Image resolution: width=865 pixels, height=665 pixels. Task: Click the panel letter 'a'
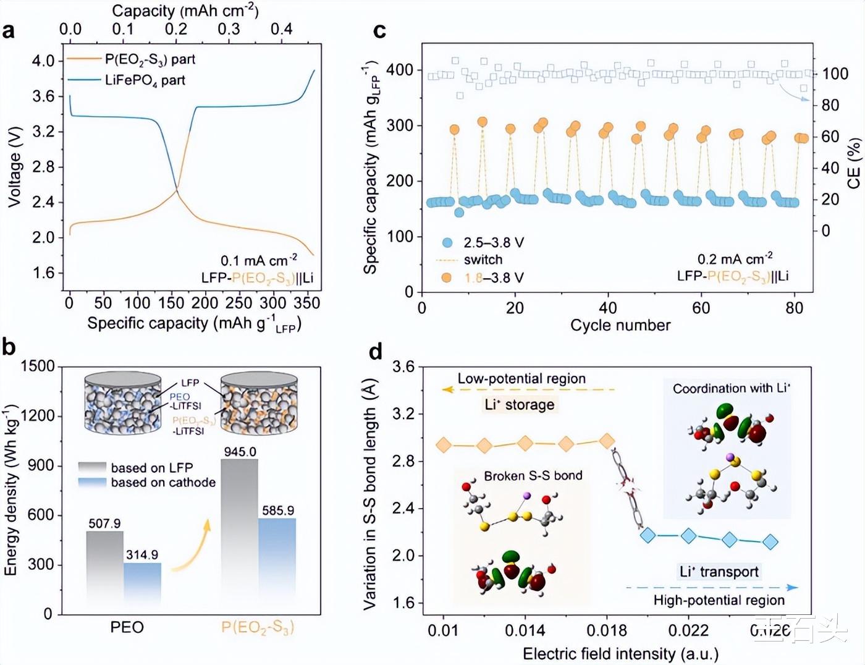(9, 31)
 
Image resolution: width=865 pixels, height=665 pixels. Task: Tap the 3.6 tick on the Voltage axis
(43, 96)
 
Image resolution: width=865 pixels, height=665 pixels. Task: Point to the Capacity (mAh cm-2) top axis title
(185, 11)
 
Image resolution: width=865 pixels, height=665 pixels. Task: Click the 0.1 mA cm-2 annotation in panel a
(259, 260)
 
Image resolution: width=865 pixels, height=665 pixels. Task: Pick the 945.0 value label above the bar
(240, 452)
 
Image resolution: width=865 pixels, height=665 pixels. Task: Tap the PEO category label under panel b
(127, 627)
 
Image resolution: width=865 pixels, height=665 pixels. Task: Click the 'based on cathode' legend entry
(163, 483)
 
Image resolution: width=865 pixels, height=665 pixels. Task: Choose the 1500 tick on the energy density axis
(38, 366)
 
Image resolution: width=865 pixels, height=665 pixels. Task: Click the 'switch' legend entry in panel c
(483, 260)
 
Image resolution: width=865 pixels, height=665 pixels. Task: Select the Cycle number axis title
(620, 325)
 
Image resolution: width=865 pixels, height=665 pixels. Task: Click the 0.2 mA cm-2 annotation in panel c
(735, 258)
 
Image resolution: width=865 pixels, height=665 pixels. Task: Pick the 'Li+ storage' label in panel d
(520, 405)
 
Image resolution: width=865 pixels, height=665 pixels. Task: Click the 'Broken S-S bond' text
(533, 476)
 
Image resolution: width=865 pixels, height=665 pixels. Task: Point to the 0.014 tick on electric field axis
(525, 630)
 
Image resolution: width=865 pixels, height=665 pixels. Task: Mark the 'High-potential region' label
(719, 600)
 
